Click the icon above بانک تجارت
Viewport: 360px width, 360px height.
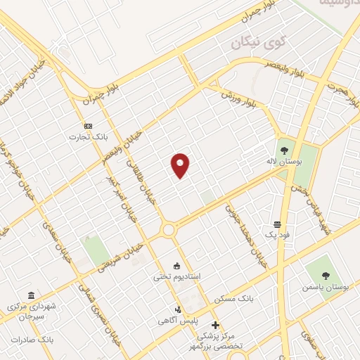pyautogui.click(x=88, y=125)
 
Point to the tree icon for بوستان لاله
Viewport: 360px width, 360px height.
pyautogui.click(x=284, y=150)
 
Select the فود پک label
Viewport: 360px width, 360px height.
pyautogui.click(x=278, y=234)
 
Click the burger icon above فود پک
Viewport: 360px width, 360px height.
pyautogui.click(x=278, y=224)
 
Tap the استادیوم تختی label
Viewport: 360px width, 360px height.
pyautogui.click(x=177, y=276)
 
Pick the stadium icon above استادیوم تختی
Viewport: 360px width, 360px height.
pyautogui.click(x=176, y=266)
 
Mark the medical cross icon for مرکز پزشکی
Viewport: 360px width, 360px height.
pyautogui.click(x=215, y=325)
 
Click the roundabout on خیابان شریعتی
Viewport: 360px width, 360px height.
pyautogui.click(x=169, y=229)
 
